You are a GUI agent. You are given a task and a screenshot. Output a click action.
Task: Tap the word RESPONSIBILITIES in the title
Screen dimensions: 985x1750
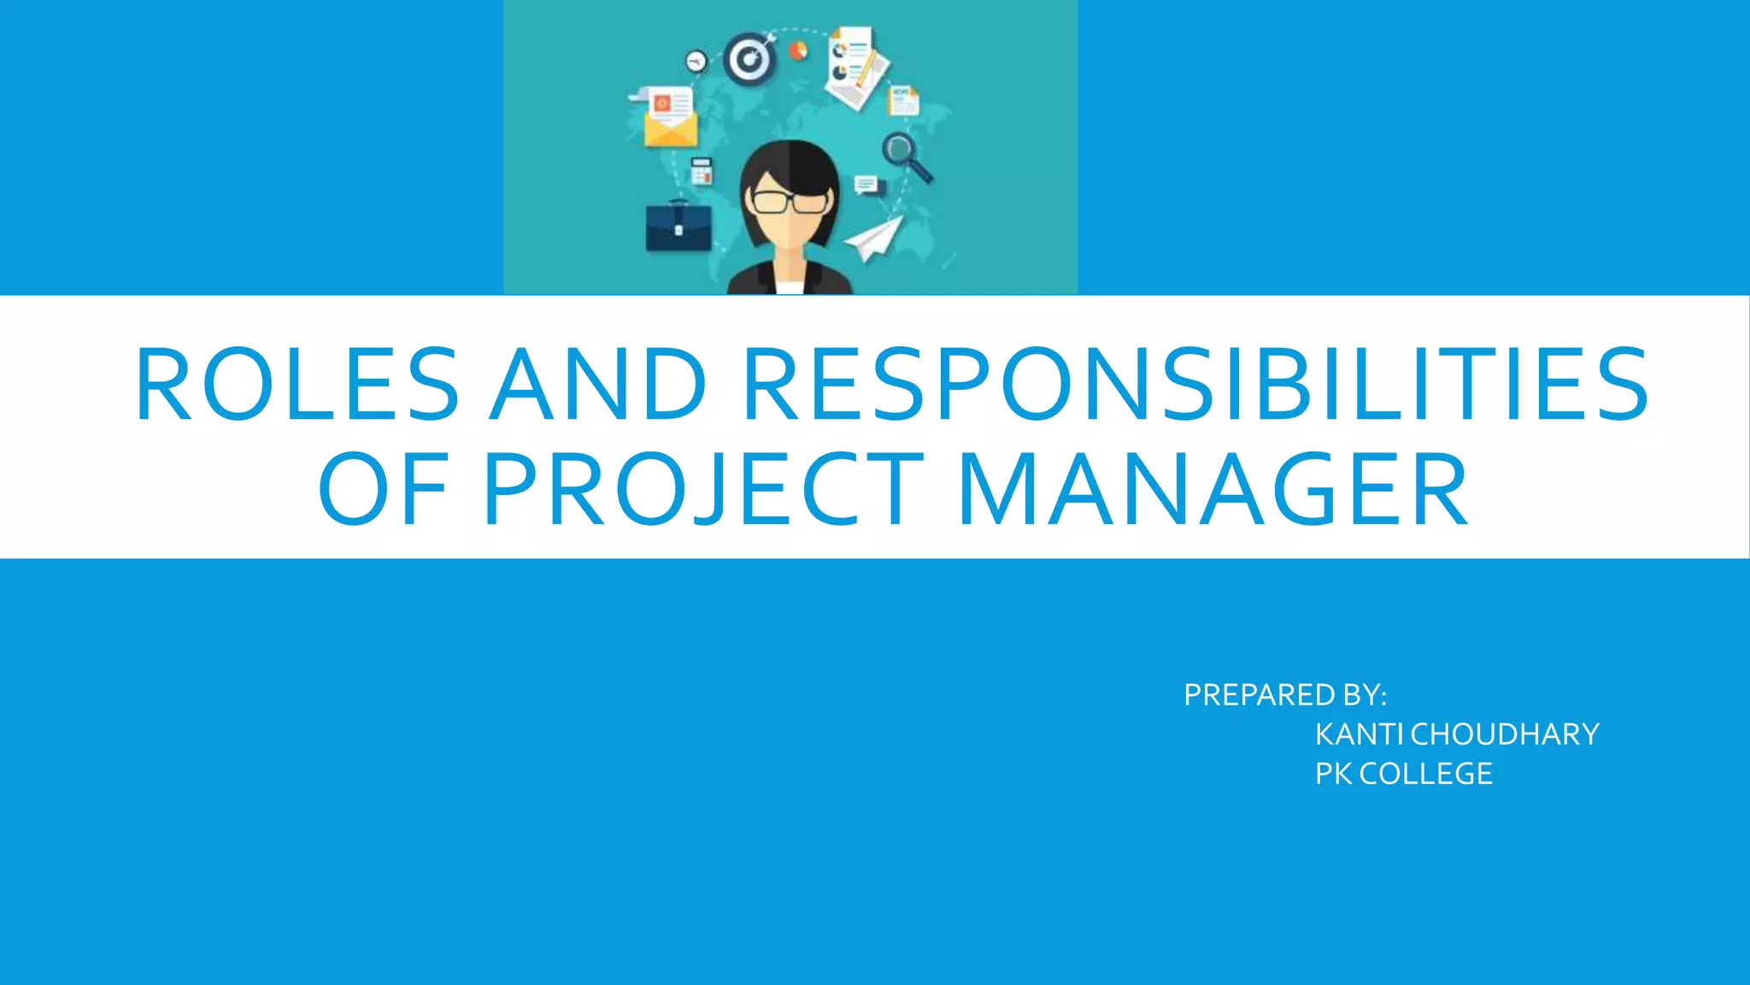click(x=1195, y=384)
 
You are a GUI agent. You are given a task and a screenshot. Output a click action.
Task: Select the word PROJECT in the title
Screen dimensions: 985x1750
click(x=703, y=490)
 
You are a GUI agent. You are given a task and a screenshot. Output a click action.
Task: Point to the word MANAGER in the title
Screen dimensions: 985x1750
click(x=1213, y=490)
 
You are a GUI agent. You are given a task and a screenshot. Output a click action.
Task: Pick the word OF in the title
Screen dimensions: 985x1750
click(x=384, y=490)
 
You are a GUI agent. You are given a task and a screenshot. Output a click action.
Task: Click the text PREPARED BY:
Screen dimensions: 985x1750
click(x=1284, y=695)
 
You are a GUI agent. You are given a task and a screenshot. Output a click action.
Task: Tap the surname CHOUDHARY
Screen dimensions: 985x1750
click(x=1505, y=734)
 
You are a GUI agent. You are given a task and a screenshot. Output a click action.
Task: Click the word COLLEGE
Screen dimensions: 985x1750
click(x=1425, y=774)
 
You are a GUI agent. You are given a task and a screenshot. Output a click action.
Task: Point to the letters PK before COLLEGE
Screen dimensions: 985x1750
click(x=1333, y=774)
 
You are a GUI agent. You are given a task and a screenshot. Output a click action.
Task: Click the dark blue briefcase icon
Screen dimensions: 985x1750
click(x=678, y=227)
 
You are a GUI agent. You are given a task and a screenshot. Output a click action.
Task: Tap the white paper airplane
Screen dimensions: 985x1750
click(x=875, y=238)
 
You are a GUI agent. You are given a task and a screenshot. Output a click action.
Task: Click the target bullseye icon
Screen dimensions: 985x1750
click(x=749, y=60)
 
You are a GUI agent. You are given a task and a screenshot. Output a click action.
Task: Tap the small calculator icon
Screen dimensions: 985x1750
click(x=701, y=171)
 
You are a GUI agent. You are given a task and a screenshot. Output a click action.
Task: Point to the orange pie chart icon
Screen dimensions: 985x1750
click(x=798, y=51)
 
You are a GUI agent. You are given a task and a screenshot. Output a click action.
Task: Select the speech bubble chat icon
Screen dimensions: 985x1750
click(x=866, y=184)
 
